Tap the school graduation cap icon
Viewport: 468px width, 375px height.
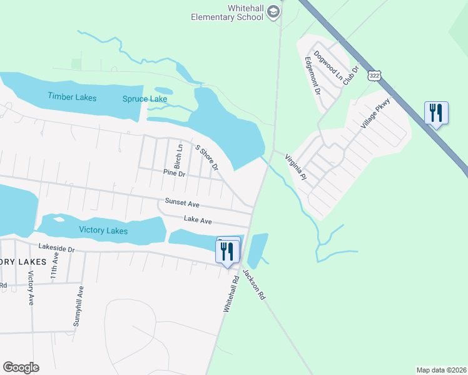coord(273,12)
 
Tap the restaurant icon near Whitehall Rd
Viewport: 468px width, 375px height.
coord(226,251)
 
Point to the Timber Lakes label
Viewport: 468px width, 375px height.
coord(72,96)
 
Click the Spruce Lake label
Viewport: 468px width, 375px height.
coord(145,99)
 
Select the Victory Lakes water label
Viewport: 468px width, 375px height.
coord(103,231)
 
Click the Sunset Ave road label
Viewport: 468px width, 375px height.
coord(182,203)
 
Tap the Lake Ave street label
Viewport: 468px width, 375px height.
coord(198,220)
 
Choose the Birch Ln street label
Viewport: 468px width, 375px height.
coord(178,156)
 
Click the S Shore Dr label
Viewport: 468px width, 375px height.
coord(206,157)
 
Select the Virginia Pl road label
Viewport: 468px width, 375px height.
coord(295,167)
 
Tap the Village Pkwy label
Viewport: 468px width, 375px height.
coord(375,113)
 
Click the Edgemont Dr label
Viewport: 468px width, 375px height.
coord(312,75)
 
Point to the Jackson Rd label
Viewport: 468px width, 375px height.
coord(254,284)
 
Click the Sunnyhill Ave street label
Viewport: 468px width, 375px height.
coord(78,306)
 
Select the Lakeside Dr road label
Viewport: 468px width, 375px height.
coord(56,248)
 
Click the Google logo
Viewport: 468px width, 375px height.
coord(21,367)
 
